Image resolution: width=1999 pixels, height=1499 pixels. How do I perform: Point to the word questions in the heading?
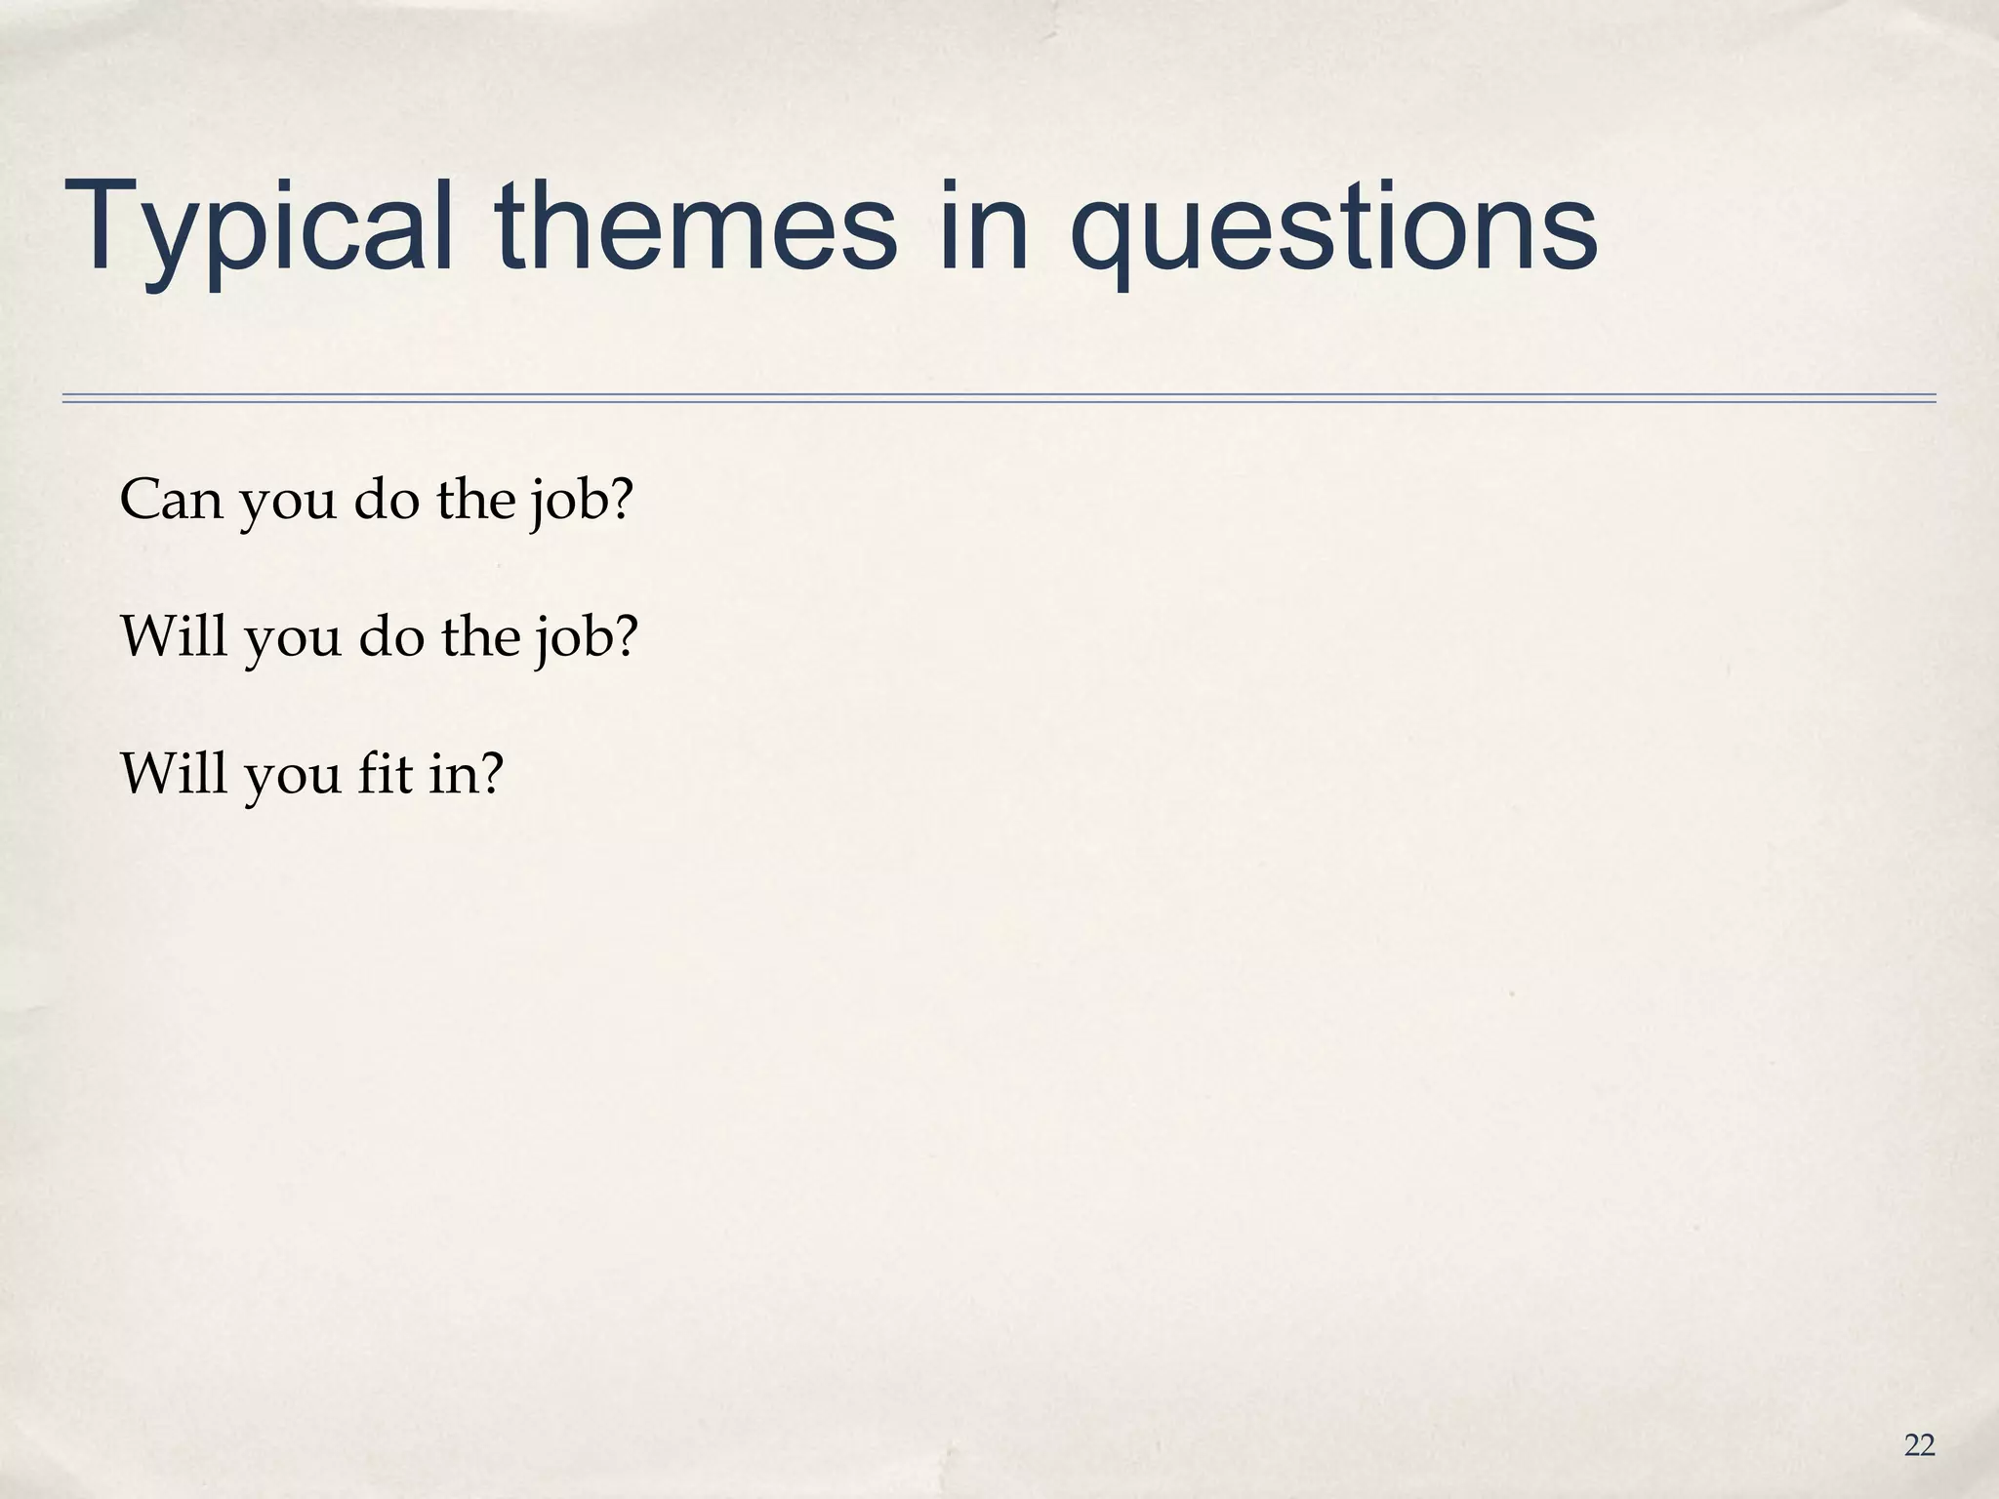(1332, 229)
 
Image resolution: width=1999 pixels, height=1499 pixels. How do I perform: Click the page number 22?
(1919, 1445)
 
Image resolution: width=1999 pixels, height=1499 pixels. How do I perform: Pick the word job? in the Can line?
(581, 502)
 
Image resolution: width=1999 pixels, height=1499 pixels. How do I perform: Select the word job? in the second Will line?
(584, 638)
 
